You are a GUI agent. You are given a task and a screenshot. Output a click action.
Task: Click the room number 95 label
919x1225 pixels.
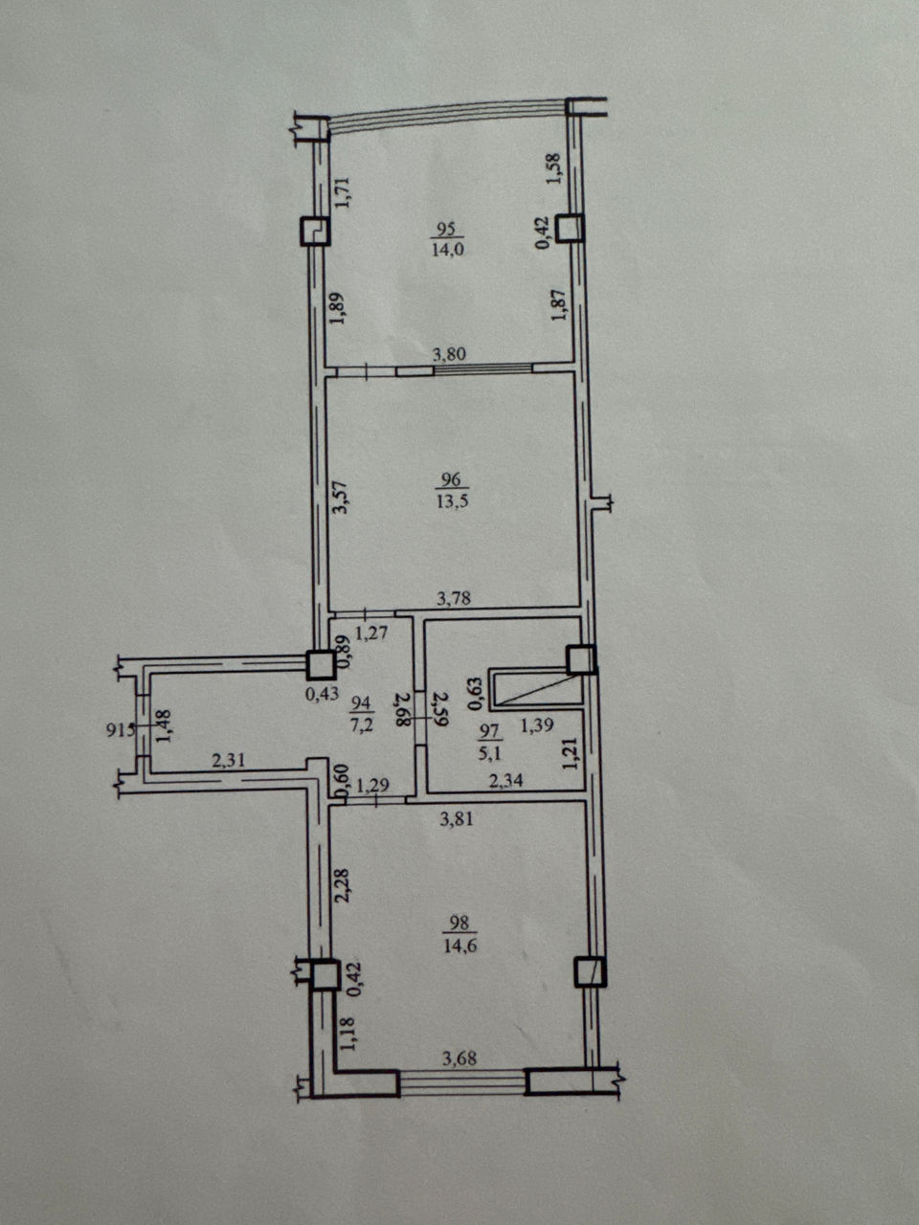tap(447, 229)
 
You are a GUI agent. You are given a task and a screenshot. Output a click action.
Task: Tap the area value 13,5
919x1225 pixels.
tap(452, 501)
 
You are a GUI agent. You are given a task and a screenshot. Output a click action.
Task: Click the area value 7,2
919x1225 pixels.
tap(361, 725)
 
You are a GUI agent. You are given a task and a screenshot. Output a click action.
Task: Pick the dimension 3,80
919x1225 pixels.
tap(449, 354)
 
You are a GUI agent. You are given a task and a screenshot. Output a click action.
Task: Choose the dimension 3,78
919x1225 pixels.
tap(454, 599)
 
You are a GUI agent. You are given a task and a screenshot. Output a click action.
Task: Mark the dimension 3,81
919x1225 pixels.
tap(457, 819)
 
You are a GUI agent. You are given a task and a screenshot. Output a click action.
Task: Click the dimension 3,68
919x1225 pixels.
tap(459, 1058)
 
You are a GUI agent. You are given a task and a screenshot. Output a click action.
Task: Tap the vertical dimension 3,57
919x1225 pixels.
tap(341, 498)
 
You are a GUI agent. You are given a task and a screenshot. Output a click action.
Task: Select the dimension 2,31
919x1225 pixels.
tap(230, 759)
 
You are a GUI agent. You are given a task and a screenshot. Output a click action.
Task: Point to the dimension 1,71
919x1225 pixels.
tap(342, 192)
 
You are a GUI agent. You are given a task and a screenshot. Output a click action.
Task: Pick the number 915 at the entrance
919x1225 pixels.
tap(120, 729)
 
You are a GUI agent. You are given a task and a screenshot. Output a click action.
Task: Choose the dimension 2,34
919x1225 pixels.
tap(506, 780)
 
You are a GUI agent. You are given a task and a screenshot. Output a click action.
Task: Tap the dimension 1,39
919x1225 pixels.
tap(537, 725)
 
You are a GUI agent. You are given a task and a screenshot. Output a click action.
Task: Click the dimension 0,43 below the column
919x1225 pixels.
tap(322, 694)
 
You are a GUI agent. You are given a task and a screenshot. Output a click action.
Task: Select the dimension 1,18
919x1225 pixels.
tap(348, 1035)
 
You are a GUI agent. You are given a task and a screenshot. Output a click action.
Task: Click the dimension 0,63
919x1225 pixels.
tap(475, 693)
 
